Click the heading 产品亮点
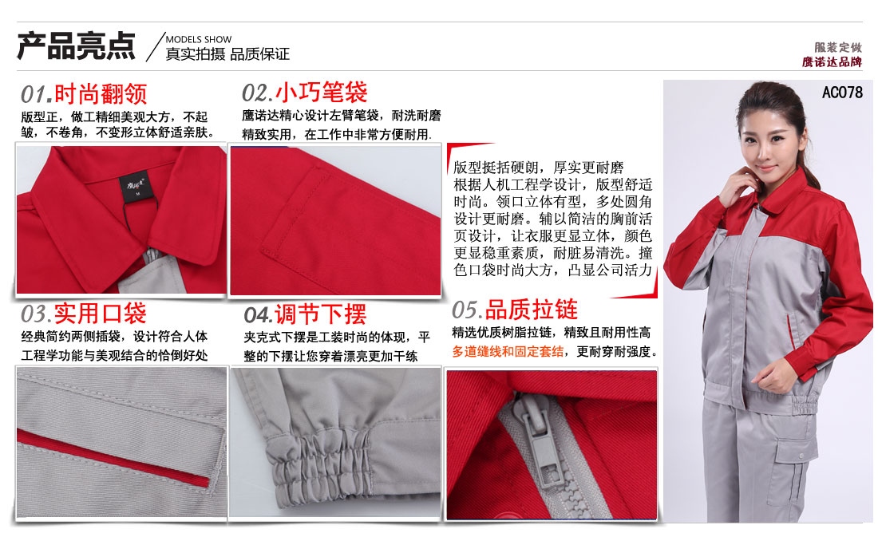[x=77, y=46]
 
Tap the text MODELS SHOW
[x=198, y=39]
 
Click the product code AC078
[x=841, y=93]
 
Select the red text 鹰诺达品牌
[x=833, y=62]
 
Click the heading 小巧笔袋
[x=322, y=93]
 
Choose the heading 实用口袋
[x=100, y=313]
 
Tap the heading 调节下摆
[x=320, y=313]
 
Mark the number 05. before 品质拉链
[x=467, y=310]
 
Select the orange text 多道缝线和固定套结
[x=508, y=351]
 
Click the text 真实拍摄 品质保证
[x=227, y=55]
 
